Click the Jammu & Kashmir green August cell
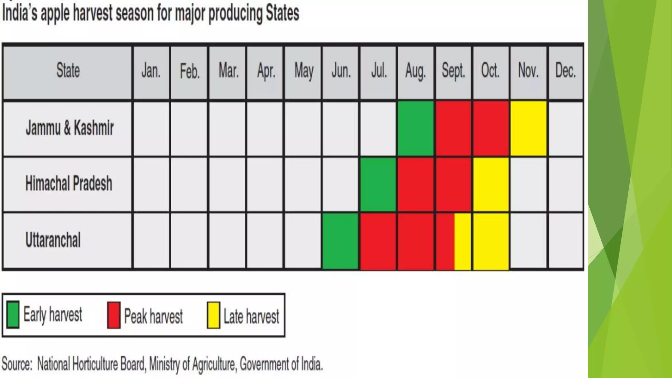pyautogui.click(x=415, y=129)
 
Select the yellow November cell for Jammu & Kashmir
pyautogui.click(x=529, y=129)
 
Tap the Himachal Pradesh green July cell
pyautogui.click(x=378, y=184)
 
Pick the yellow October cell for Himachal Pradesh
pyautogui.click(x=491, y=184)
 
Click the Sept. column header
pyautogui.click(x=453, y=71)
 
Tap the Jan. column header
pyautogui.click(x=151, y=71)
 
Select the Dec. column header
pyautogui.click(x=565, y=71)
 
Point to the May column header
pyautogui.click(x=304, y=71)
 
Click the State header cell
pyautogui.click(x=68, y=71)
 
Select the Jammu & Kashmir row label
pyautogui.click(x=70, y=128)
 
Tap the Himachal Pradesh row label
pyautogui.click(x=69, y=183)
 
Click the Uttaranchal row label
pyautogui.click(x=53, y=240)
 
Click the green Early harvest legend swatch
pyautogui.click(x=13, y=315)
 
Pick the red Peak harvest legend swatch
pyautogui.click(x=114, y=315)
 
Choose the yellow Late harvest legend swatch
pyautogui.click(x=213, y=315)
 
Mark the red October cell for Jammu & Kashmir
pyautogui.click(x=491, y=129)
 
